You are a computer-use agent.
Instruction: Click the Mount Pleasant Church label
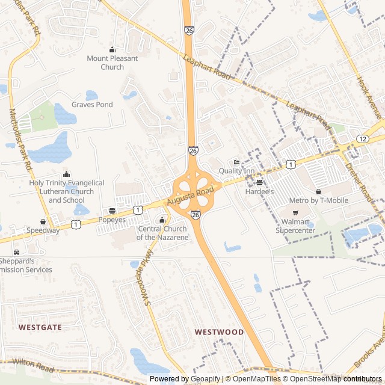[x=112, y=63]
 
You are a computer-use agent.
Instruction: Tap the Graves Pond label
[x=92, y=105]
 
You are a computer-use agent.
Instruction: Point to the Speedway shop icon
[x=43, y=221]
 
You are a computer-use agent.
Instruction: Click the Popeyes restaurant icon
[x=112, y=211]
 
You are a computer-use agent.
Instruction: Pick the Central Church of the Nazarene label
[x=162, y=233]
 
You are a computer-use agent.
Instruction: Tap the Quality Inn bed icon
[x=236, y=162]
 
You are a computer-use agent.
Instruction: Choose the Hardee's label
[x=259, y=191]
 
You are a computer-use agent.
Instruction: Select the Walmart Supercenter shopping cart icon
[x=295, y=213]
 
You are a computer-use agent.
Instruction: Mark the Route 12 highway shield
[x=362, y=138]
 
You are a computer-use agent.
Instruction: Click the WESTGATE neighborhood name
[x=40, y=327]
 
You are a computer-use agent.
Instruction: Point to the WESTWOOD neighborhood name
[x=219, y=332]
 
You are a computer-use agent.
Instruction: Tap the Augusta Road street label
[x=191, y=196]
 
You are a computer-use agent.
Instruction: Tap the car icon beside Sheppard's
[x=16, y=251]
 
